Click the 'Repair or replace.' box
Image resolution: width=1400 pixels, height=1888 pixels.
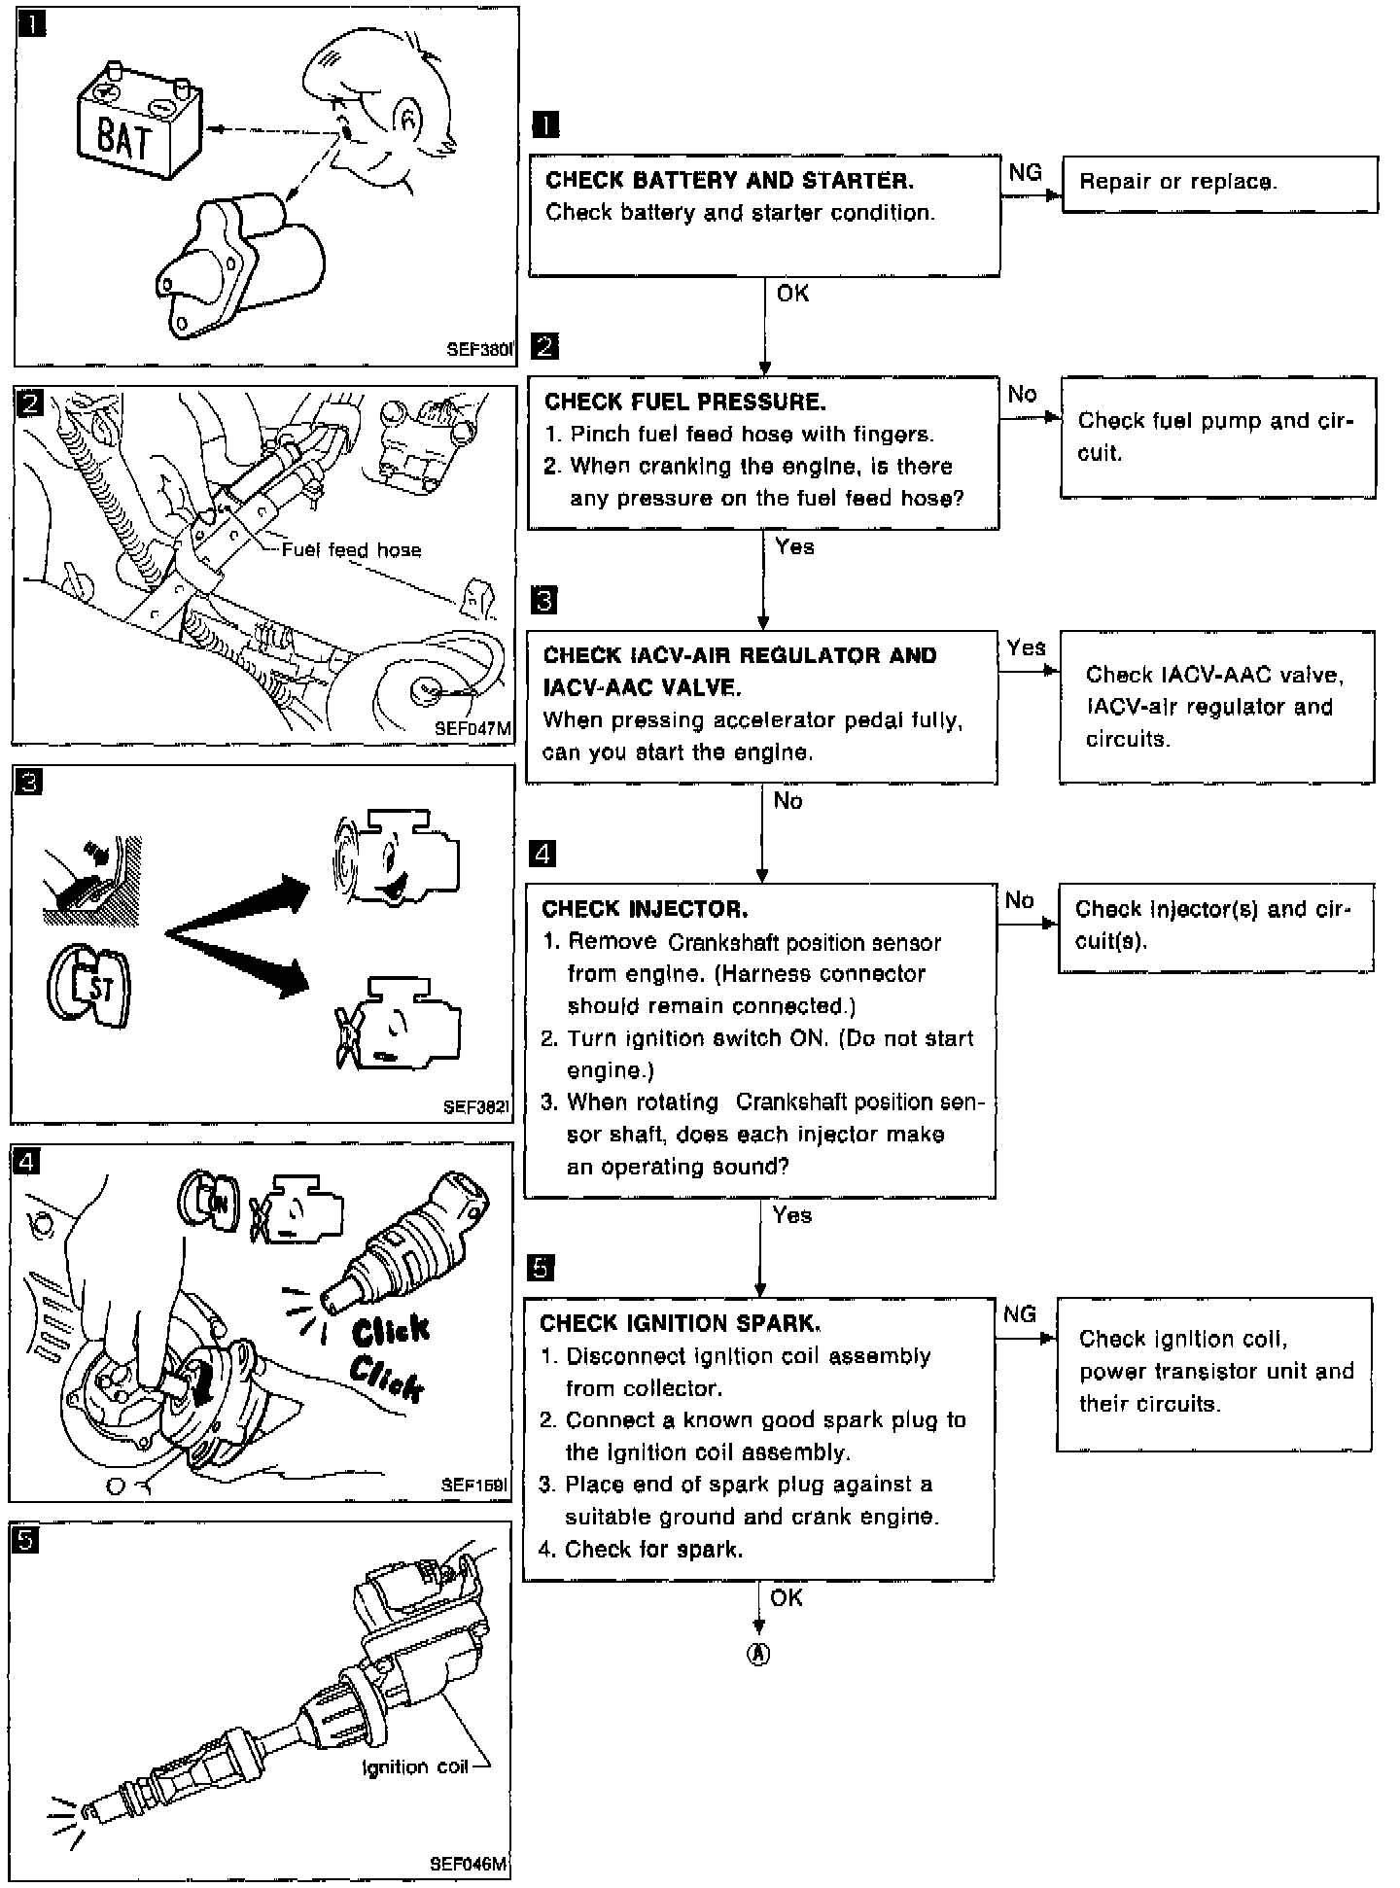pos(1219,183)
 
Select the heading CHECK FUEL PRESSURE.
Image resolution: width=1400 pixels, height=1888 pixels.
pos(684,402)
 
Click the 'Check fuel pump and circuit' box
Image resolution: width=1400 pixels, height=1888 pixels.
pos(1217,437)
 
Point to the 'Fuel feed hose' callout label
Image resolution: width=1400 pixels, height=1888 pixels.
pos(351,550)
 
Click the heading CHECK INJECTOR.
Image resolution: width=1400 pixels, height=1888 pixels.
pos(645,909)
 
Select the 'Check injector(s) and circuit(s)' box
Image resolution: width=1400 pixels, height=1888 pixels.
pos(1215,926)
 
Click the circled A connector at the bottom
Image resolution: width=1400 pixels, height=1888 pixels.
pos(757,1655)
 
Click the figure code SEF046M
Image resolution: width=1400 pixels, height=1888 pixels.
pos(469,1864)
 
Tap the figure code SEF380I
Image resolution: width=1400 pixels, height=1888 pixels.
pos(478,350)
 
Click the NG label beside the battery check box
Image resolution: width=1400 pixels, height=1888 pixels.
pos(1025,173)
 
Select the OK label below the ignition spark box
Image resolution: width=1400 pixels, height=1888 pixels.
pos(786,1597)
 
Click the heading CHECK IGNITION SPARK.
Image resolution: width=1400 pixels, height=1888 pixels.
pos(680,1323)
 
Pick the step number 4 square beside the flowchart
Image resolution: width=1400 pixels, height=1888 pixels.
pos(542,855)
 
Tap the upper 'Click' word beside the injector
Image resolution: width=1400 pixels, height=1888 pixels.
pos(391,1330)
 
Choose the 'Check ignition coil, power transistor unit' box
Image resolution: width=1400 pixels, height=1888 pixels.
pos(1214,1372)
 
